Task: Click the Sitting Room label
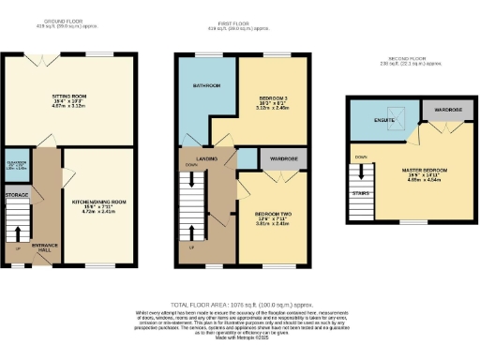click(67, 96)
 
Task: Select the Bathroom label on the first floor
click(206, 86)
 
